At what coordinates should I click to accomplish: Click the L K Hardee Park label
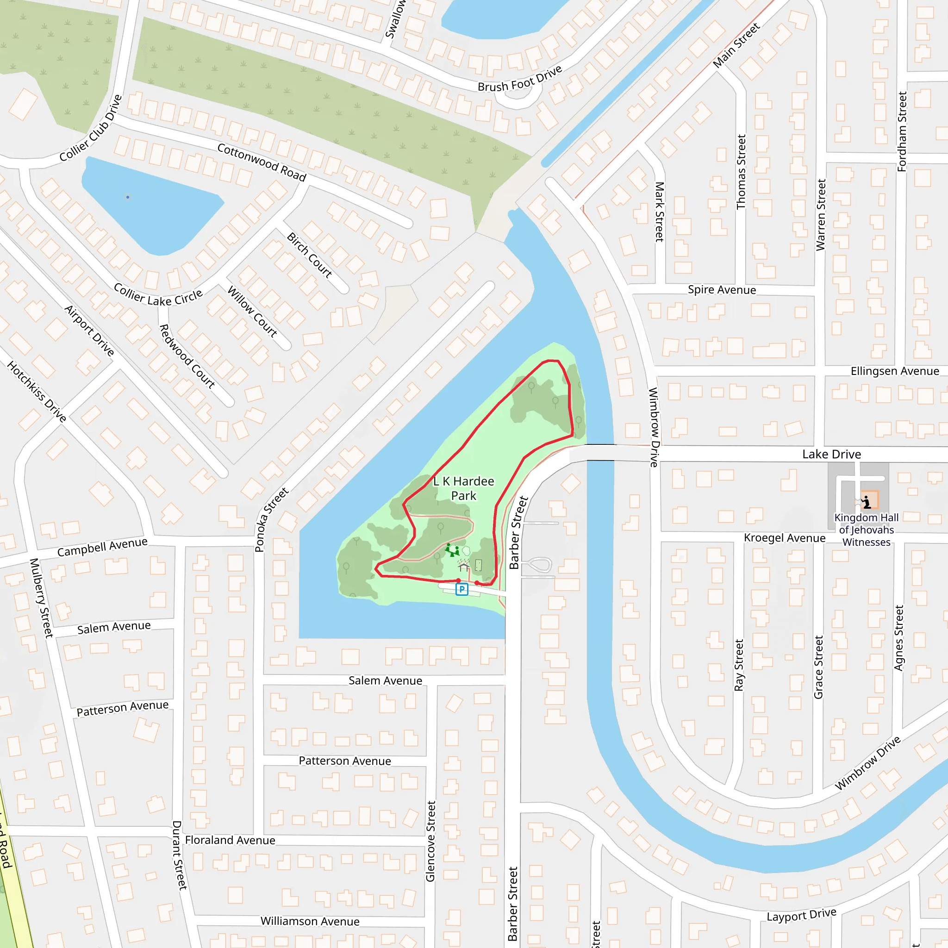(x=463, y=488)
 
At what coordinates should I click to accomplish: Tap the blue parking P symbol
(x=461, y=589)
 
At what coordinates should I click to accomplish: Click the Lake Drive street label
(x=831, y=455)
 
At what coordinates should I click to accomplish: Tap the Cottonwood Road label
(x=262, y=162)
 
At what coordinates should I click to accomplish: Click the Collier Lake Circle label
(x=158, y=295)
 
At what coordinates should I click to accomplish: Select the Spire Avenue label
(x=721, y=289)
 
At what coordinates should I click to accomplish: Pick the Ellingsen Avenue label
(x=894, y=371)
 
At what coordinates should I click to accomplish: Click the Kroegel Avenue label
(x=784, y=538)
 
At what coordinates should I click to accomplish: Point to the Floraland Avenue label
(x=230, y=840)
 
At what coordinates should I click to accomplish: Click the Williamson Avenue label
(x=310, y=921)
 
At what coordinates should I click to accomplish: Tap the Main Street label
(x=736, y=45)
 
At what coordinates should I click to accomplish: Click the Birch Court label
(x=310, y=255)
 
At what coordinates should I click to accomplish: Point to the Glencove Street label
(x=430, y=841)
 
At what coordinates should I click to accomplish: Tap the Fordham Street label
(x=902, y=131)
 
